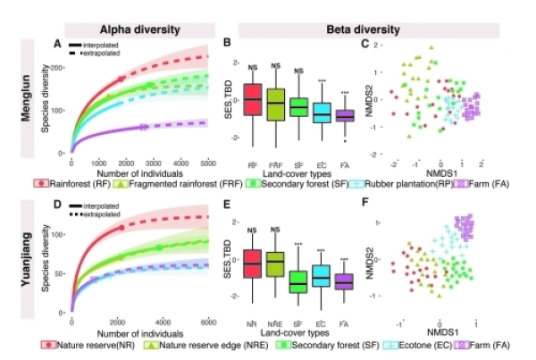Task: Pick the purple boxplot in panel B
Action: click(345, 114)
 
